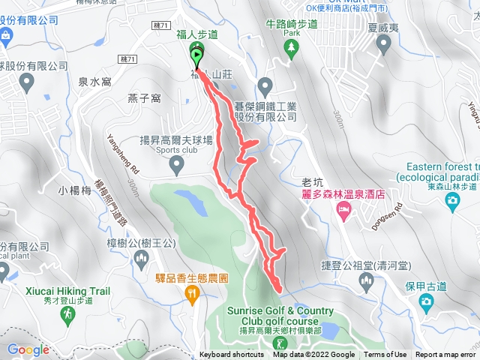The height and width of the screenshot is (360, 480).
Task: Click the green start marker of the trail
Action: coord(196,55)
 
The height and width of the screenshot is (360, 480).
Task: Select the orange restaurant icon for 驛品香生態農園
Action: coord(191,295)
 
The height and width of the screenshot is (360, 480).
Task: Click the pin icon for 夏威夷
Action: coord(385,48)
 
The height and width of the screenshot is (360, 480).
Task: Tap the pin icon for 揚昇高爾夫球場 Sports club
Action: coord(176,163)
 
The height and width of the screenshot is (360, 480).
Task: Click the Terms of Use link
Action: coord(385,355)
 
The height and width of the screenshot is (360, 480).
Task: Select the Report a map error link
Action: coord(445,355)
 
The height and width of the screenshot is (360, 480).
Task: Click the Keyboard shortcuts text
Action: coord(232,355)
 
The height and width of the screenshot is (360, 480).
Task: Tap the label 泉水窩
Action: coord(95,82)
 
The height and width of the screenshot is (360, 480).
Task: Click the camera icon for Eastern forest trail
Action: coord(452,199)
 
